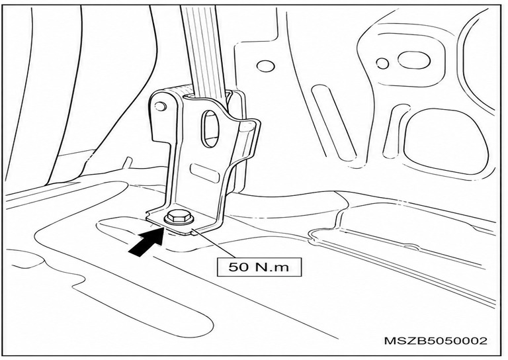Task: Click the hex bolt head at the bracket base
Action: pyautogui.click(x=179, y=218)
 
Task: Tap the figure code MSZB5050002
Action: pyautogui.click(x=435, y=341)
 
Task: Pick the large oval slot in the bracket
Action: pyautogui.click(x=211, y=129)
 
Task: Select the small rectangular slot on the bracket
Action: pyautogui.click(x=205, y=173)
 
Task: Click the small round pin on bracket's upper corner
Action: pyautogui.click(x=160, y=106)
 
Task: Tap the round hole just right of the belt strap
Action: pyautogui.click(x=266, y=66)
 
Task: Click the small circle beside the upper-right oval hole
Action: pyautogui.click(x=382, y=63)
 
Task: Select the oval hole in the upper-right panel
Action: pyautogui.click(x=414, y=60)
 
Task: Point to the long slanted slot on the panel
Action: pyautogui.click(x=333, y=122)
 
